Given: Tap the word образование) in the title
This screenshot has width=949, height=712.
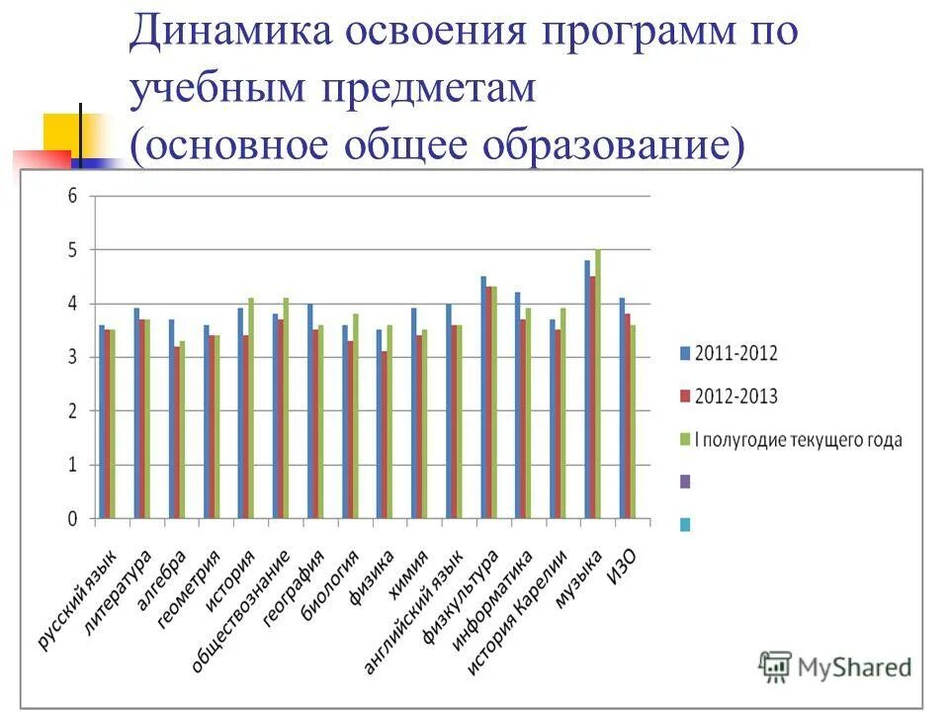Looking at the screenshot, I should coord(612,145).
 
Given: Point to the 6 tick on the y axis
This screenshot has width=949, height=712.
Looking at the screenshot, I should coord(71,196).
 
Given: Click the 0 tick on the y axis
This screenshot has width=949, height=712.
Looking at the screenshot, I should coord(71,518).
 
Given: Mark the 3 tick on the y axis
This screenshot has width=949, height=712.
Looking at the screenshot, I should coord(71,357).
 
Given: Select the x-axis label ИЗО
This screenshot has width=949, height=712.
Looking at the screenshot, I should coord(621,567).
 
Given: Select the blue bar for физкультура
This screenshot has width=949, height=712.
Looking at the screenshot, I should coord(483,397).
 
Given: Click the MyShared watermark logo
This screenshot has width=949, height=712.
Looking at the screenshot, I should coord(835,667).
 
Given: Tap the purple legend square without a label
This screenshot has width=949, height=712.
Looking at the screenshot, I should coord(685,482).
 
